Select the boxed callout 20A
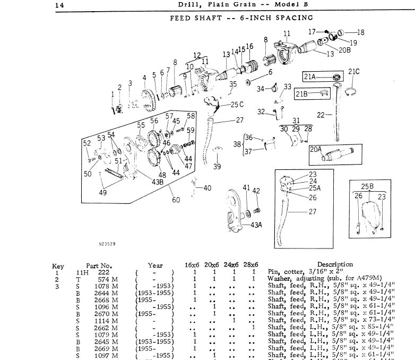(x=316, y=149)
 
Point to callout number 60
(x=176, y=200)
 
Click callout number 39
(x=217, y=167)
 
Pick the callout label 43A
(x=256, y=225)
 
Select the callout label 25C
(x=237, y=104)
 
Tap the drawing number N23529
(x=122, y=245)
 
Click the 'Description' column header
(x=335, y=264)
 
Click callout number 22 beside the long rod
(x=321, y=114)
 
